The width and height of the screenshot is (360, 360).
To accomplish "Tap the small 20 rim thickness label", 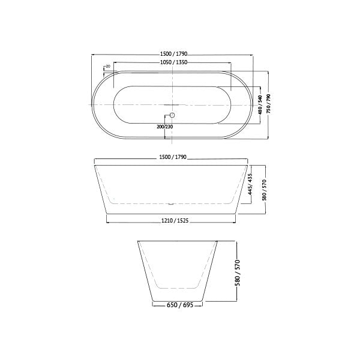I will [107, 66].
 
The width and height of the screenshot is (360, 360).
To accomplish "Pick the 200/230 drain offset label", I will [164, 127].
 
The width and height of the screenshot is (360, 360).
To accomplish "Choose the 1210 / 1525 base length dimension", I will [175, 221].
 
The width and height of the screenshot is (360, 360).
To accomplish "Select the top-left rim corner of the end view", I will [137, 241].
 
